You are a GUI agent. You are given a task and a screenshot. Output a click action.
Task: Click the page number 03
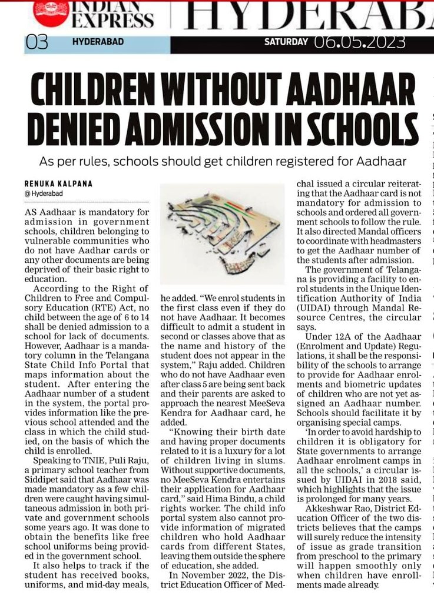[37, 42]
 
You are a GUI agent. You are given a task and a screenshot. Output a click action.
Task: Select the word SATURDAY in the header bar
[286, 42]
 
